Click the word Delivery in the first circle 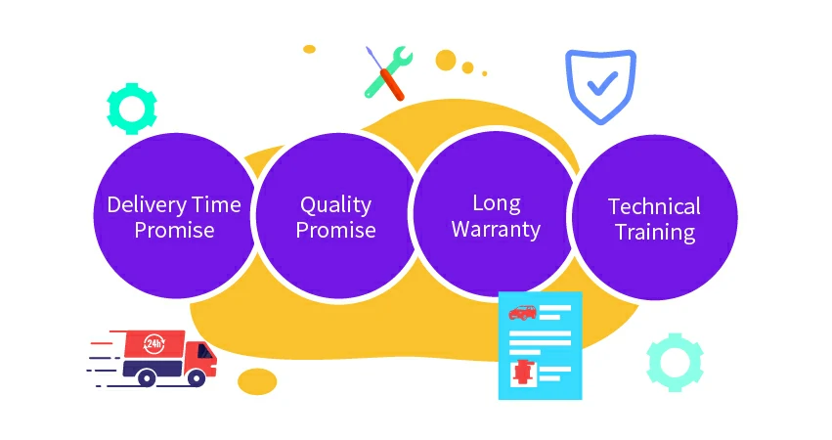(x=147, y=205)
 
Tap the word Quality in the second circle (x=336, y=205)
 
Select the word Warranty (x=496, y=230)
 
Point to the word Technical (x=654, y=206)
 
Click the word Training (x=655, y=233)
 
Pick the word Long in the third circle (x=497, y=203)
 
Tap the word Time (x=216, y=205)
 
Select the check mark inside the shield (x=602, y=84)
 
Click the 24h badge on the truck (x=153, y=344)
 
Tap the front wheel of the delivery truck (x=196, y=377)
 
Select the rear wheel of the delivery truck (x=146, y=377)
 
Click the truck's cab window (x=204, y=351)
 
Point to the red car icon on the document (x=522, y=313)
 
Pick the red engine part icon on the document (x=523, y=373)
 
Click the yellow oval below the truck (x=257, y=381)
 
